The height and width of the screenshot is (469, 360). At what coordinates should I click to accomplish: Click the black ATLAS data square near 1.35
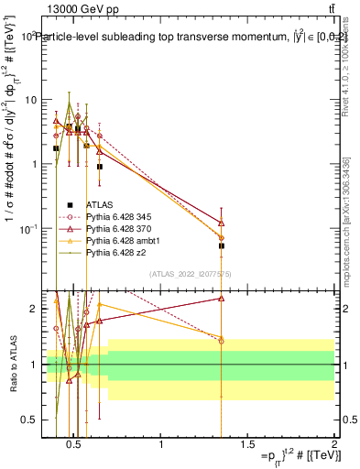[222, 245]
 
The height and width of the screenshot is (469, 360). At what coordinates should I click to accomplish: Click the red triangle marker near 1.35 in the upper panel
[222, 223]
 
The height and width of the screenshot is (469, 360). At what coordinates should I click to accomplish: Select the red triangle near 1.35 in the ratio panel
[222, 298]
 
